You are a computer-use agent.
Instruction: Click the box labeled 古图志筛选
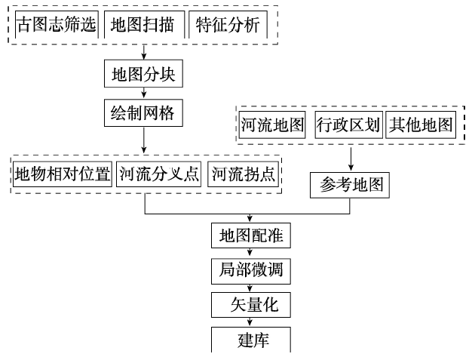[x=57, y=26]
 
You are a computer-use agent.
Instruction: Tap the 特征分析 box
[x=228, y=26]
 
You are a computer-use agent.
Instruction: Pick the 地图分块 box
[x=143, y=75]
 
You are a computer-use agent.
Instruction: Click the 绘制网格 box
[x=143, y=113]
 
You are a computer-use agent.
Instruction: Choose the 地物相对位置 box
[x=62, y=174]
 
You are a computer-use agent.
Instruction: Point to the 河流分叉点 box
[x=159, y=174]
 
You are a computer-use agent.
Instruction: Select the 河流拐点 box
[x=242, y=174]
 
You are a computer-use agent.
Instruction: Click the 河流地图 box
[x=273, y=125]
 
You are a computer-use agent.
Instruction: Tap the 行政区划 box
[x=346, y=125]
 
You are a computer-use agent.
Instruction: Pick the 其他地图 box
[x=421, y=125]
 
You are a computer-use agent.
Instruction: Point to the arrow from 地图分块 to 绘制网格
[x=143, y=94]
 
